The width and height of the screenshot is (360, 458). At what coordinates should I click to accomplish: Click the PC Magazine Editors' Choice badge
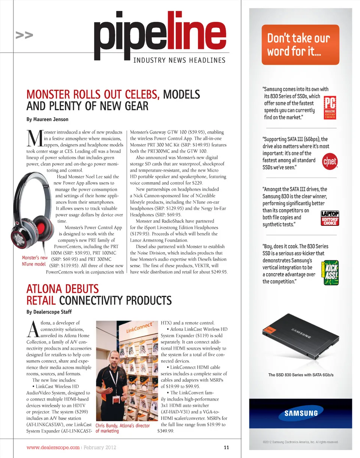(330, 108)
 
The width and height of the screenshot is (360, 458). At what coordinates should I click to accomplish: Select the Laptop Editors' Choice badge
(330, 218)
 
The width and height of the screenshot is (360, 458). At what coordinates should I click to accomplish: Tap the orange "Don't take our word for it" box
(300, 44)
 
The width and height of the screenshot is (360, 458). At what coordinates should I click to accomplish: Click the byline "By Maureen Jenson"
(48, 119)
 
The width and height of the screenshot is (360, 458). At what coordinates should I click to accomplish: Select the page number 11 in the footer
(226, 447)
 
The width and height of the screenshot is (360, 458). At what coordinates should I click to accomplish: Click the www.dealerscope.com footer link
(53, 447)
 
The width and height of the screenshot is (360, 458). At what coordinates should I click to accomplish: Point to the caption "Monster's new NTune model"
(34, 261)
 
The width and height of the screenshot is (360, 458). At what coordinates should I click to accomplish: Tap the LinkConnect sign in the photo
(138, 327)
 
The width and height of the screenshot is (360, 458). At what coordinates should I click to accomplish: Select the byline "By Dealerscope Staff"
(49, 312)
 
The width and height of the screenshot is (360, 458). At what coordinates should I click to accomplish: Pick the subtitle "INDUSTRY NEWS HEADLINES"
(180, 60)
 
